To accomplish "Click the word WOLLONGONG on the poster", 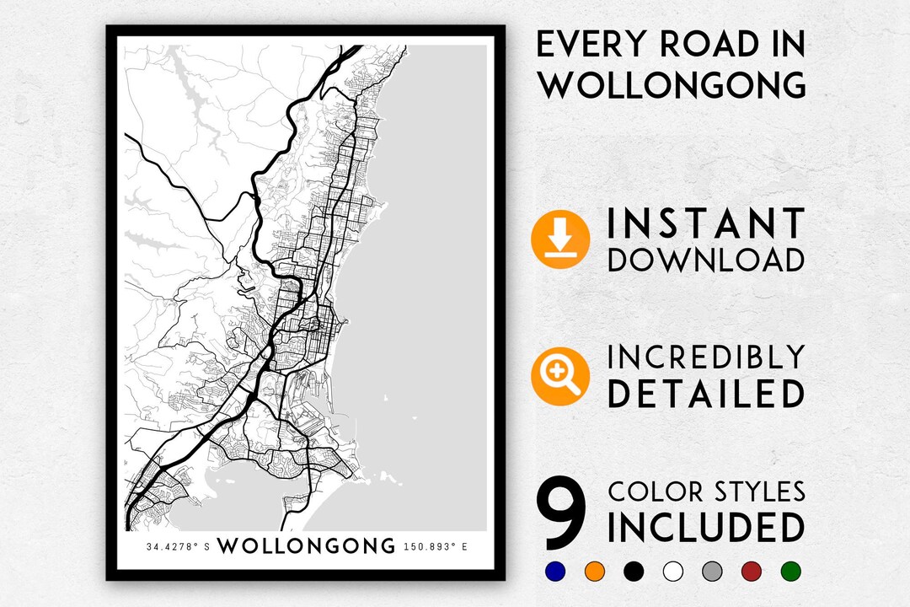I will click(306, 545).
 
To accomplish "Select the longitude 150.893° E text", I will click(436, 546).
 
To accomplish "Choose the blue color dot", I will click(554, 571).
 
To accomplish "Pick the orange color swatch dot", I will click(593, 571).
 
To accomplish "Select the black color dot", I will click(632, 571).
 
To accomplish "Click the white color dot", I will click(672, 571).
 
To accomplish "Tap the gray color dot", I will click(711, 571).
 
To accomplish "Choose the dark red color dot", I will click(751, 571).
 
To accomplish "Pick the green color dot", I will click(790, 571).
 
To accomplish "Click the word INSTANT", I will click(706, 224).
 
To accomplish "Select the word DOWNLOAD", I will click(706, 260).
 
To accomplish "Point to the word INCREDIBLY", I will click(706, 357).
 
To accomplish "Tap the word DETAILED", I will click(706, 395).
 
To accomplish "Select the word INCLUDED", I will click(706, 529).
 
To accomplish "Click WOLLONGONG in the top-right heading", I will click(671, 84).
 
